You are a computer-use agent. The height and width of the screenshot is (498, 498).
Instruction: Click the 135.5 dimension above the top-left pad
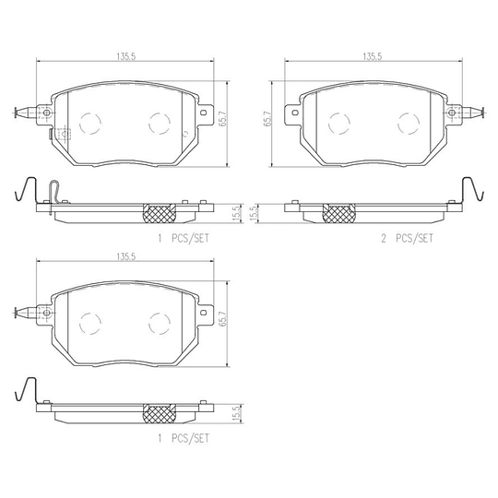126,56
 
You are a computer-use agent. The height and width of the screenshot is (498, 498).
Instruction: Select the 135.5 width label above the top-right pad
373,56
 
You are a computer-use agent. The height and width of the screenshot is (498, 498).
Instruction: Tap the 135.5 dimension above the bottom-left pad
126,256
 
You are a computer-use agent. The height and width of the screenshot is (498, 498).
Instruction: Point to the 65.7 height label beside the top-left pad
223,119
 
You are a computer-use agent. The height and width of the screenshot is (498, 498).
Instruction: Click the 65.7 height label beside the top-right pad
267,119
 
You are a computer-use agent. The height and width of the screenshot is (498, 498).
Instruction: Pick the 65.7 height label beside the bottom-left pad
223,318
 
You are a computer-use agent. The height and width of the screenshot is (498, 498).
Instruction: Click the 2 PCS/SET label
407,238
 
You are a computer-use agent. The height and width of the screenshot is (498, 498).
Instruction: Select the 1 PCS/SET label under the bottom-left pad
184,439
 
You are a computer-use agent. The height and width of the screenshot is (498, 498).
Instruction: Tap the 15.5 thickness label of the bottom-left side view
236,413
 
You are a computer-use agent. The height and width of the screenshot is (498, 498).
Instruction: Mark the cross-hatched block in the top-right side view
338,213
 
